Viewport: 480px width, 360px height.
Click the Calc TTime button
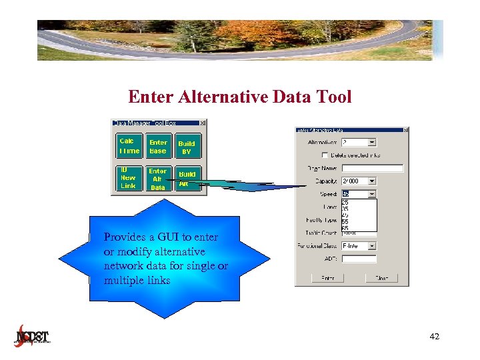(x=129, y=146)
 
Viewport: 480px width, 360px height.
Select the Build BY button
(x=187, y=147)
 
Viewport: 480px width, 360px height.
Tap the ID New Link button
(x=129, y=178)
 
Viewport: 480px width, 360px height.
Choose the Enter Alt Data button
(x=158, y=179)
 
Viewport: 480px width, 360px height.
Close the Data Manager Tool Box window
(x=203, y=123)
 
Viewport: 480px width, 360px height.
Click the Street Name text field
(x=372, y=168)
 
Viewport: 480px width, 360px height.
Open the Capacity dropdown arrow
(x=372, y=181)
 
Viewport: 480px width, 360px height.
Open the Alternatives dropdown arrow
(x=372, y=142)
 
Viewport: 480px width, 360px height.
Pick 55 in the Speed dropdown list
(x=345, y=221)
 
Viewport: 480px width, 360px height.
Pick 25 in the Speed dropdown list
(x=345, y=202)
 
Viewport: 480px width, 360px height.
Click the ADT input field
(x=359, y=259)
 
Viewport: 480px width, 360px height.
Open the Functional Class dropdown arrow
(x=372, y=245)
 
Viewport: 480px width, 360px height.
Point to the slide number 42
(x=435, y=337)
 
